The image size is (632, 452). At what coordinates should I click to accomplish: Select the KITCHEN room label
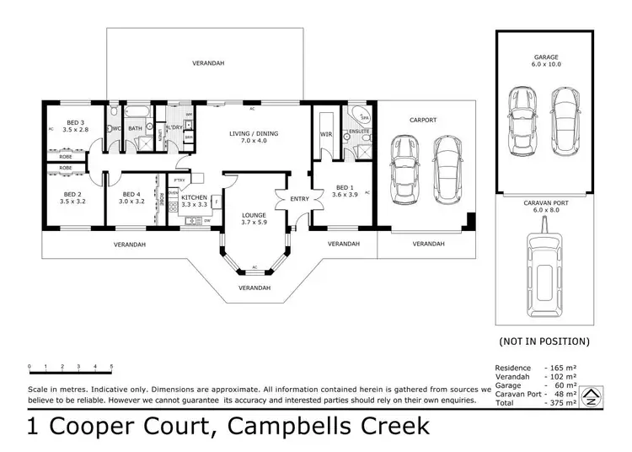(193, 200)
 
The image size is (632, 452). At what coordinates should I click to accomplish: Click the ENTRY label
(299, 199)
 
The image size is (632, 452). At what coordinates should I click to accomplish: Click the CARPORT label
(423, 121)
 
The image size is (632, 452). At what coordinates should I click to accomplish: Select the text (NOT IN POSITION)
(544, 342)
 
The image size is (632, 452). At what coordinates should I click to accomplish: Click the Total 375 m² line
(535, 404)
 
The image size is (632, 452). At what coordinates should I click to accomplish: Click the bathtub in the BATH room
(137, 111)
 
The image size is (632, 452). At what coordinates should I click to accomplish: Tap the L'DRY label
(174, 127)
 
